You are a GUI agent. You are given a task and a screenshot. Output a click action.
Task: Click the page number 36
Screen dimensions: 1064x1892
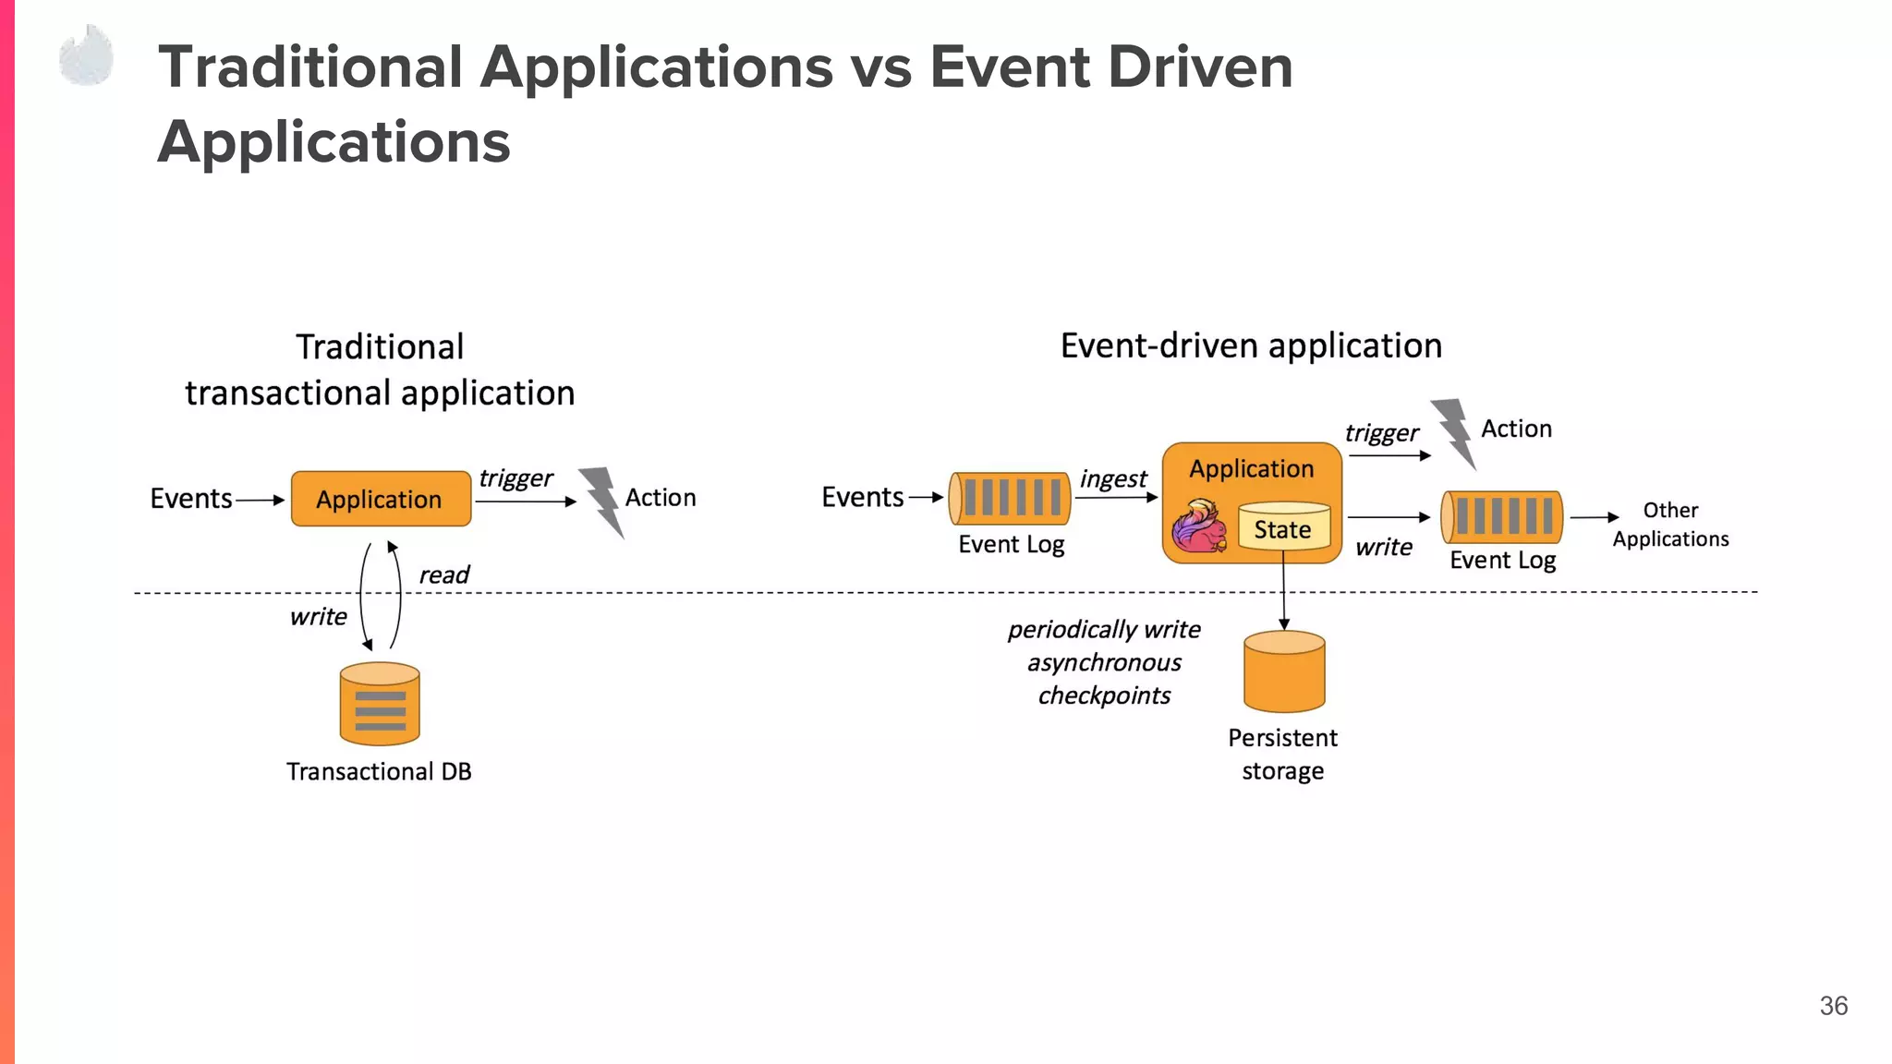coord(1833,1006)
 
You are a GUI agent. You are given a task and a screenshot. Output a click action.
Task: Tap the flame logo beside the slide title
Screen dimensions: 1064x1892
coord(87,56)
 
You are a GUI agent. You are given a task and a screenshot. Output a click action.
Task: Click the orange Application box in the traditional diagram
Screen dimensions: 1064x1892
coord(381,499)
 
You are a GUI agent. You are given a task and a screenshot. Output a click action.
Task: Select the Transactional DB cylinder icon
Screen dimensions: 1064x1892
coord(380,705)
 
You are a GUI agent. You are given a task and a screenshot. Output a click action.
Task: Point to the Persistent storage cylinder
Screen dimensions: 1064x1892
coord(1284,672)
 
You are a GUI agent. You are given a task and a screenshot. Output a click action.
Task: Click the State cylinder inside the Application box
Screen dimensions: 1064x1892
coord(1283,526)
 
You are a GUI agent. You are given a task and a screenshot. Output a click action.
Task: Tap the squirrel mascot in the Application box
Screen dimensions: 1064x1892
coord(1199,526)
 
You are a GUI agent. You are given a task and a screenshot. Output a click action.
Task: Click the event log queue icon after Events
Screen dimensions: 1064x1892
coord(1010,498)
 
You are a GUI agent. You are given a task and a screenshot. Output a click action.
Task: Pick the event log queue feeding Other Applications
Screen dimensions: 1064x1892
coord(1502,516)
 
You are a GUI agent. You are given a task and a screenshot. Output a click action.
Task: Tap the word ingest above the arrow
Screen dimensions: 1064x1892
coord(1112,478)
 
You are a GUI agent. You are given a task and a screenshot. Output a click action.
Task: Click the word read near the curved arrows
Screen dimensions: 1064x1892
coord(443,574)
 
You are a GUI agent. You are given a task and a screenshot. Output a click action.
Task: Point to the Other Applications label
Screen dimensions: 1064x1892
coord(1670,525)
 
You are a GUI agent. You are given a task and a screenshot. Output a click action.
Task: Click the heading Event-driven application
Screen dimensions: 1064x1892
coord(1251,346)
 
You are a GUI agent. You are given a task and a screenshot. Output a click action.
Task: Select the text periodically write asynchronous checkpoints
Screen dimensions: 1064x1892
coord(1104,662)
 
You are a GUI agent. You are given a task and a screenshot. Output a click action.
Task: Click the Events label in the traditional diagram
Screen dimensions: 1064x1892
coord(190,499)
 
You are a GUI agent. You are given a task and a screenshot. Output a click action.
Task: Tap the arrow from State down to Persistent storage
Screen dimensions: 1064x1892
coord(1283,591)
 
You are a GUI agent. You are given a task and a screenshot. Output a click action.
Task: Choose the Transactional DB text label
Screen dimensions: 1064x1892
coord(379,771)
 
